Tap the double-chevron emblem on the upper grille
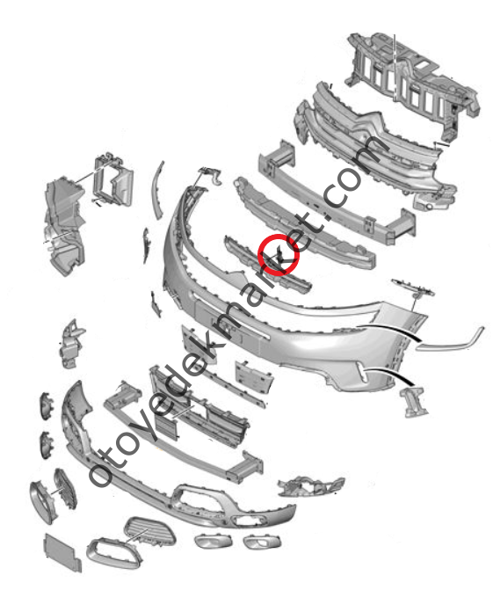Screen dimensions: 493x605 point(369,124)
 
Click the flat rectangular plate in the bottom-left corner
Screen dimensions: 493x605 point(62,552)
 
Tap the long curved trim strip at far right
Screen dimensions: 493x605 point(449,342)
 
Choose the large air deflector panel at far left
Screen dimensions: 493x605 point(64,226)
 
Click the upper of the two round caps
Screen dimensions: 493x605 point(47,406)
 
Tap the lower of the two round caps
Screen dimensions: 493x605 point(47,445)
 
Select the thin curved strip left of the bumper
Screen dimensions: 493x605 point(158,191)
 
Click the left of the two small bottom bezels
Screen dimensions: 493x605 point(214,541)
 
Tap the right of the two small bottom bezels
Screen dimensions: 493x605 point(263,541)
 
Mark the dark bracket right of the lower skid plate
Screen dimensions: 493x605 point(311,486)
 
